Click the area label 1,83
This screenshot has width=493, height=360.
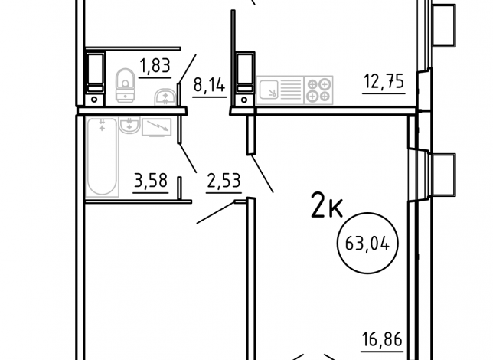[155, 66]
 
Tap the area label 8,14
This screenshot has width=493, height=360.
[210, 85]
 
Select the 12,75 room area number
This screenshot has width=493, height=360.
[384, 81]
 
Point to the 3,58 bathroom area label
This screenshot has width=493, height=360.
[151, 181]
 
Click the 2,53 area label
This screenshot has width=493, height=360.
[224, 181]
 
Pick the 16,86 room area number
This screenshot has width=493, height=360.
[382, 339]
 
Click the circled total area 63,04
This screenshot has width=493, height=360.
[367, 244]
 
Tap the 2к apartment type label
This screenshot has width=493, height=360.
[327, 205]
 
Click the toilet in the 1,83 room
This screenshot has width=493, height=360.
[126, 85]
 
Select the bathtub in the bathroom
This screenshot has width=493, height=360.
[102, 157]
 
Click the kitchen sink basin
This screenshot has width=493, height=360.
[268, 90]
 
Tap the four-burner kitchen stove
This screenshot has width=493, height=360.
[318, 90]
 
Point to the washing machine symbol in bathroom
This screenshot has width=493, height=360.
[157, 127]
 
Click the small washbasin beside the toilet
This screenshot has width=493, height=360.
[165, 97]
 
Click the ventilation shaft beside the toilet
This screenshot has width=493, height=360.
[95, 77]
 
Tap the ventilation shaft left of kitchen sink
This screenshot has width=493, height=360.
[245, 79]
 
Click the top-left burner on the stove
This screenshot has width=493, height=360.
[312, 84]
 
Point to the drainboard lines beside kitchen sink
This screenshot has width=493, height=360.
[290, 90]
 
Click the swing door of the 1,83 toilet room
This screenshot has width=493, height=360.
[188, 69]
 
